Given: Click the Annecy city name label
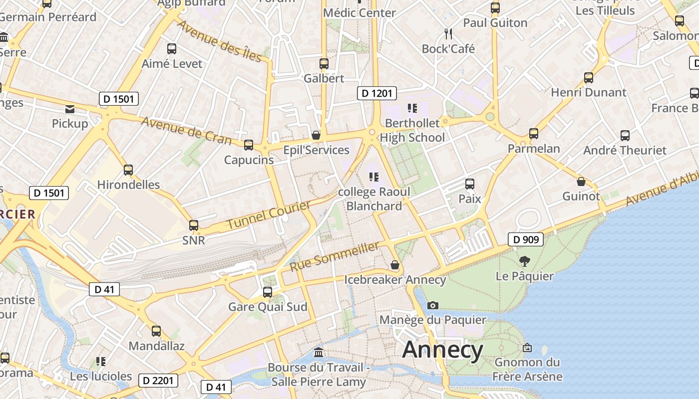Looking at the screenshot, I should (442, 350).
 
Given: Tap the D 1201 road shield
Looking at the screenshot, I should (377, 93).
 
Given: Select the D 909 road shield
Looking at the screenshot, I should (526, 240).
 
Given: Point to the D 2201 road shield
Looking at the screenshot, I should (158, 381).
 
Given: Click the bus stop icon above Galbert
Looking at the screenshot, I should (324, 64).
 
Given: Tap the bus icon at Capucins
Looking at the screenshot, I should (249, 145).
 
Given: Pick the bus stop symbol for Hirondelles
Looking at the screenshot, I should (128, 170).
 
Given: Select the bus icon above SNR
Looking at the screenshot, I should (194, 225).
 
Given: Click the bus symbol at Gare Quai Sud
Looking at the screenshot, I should (268, 292).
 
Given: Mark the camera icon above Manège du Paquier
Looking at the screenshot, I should (433, 305).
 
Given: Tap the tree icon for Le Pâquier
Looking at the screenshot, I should (524, 261).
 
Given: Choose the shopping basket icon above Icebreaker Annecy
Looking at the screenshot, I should (395, 265).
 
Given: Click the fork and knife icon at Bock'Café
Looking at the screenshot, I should (448, 34).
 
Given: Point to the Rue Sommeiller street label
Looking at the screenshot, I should (335, 257).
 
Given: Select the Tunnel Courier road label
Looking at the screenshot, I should (269, 215).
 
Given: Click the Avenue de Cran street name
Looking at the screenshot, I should (186, 130).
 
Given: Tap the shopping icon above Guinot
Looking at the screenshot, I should (581, 182).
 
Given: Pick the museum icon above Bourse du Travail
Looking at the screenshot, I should (319, 353).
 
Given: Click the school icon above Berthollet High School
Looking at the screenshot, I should (412, 108).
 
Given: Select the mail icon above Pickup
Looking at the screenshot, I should (70, 109).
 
